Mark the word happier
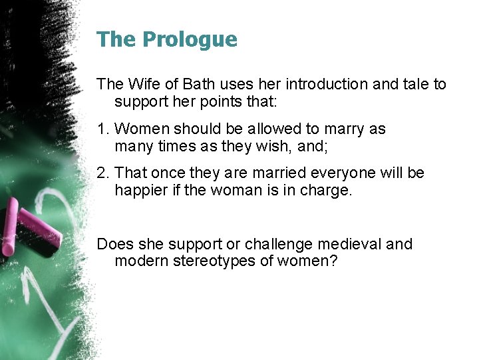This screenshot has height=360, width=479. [x=140, y=191]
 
